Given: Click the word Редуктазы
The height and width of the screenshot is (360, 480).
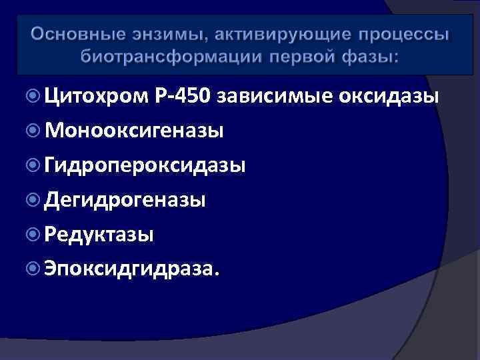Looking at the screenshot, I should tap(99, 234).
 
